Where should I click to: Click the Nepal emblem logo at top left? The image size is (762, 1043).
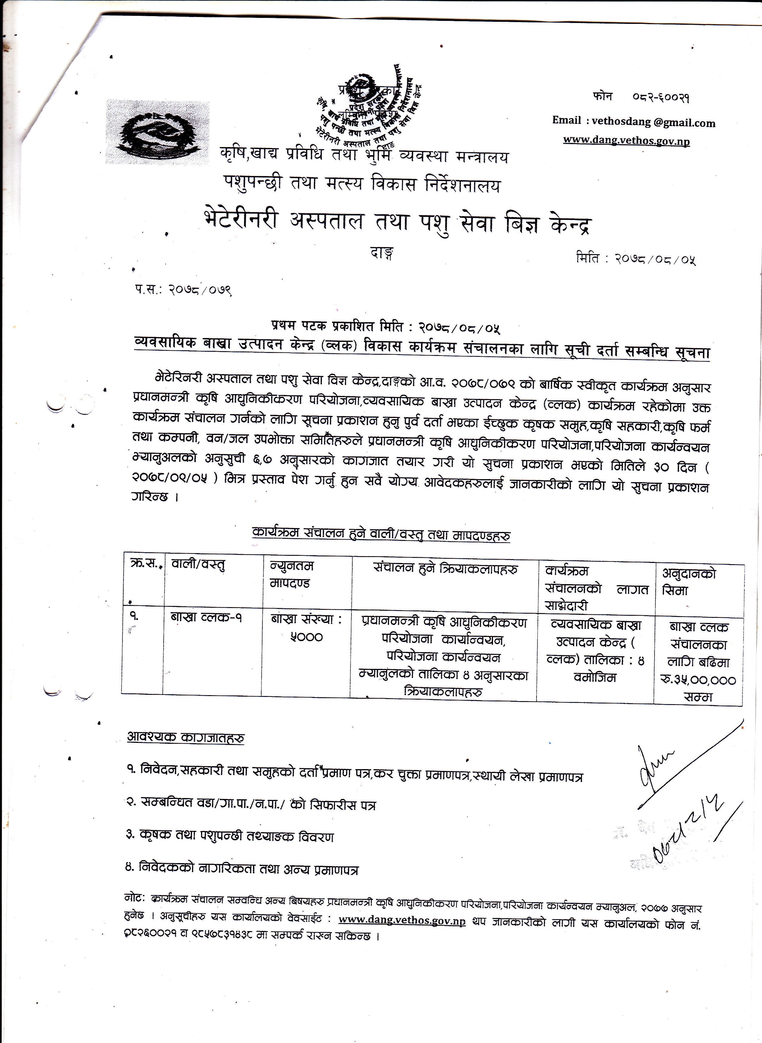click(x=157, y=132)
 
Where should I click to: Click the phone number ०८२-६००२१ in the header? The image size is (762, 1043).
click(x=660, y=98)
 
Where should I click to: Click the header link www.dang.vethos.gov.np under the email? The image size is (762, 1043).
click(x=626, y=141)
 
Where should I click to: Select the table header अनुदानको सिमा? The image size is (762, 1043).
click(x=689, y=582)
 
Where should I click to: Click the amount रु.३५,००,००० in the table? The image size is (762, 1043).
click(x=698, y=680)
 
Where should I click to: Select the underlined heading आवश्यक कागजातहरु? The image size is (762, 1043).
click(x=185, y=737)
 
